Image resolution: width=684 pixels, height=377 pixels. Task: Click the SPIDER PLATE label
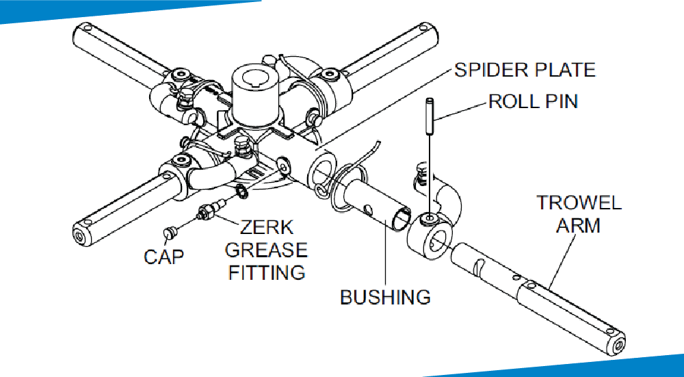(525, 70)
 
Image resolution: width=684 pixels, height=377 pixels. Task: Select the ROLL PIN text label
(533, 102)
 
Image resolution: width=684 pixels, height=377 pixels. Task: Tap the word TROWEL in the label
(579, 203)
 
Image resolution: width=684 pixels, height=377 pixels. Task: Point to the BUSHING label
(386, 297)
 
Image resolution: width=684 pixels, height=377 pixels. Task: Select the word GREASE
(267, 250)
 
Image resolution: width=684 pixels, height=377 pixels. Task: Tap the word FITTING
(267, 272)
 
